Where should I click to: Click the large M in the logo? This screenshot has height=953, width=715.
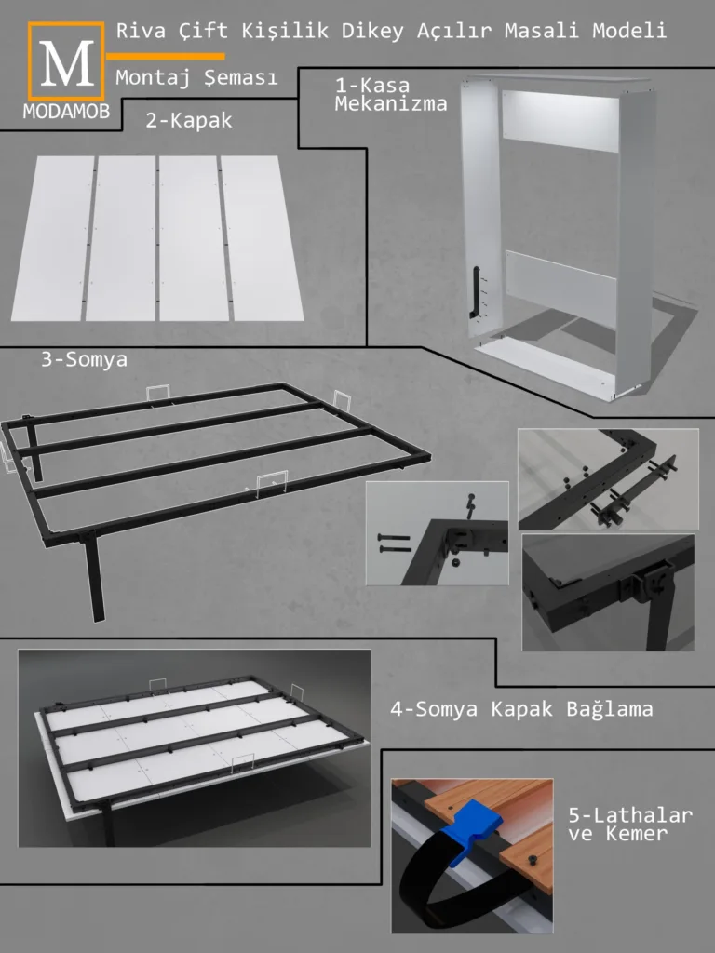[x=67, y=63]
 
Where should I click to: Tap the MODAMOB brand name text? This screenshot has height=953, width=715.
[x=66, y=112]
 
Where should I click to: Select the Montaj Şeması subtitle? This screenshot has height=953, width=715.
[x=196, y=77]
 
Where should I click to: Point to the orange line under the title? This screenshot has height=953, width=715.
[x=166, y=57]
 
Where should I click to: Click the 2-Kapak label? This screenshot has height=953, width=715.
[x=189, y=120]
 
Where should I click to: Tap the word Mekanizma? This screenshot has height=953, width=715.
[x=391, y=104]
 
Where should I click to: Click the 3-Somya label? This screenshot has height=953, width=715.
[x=85, y=359]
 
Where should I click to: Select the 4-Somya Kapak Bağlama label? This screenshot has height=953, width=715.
[x=521, y=708]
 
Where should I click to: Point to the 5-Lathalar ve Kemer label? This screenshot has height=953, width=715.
[x=630, y=824]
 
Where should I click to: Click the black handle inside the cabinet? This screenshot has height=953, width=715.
[x=476, y=292]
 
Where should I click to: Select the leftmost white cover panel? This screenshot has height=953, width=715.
[x=53, y=237]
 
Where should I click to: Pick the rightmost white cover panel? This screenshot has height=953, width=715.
[x=262, y=237]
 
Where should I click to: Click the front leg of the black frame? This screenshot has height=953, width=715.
[x=94, y=578]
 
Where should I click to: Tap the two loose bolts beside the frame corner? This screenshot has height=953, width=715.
[x=394, y=544]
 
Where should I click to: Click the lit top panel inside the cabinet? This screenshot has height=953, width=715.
[x=560, y=120]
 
